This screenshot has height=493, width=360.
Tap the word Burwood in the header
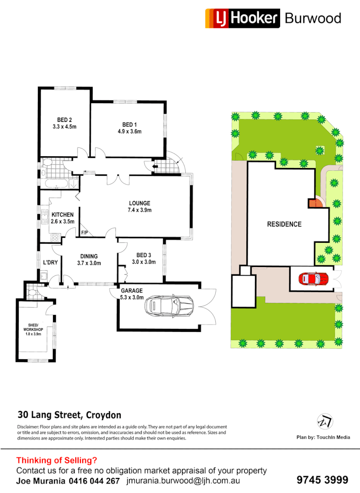[313, 18]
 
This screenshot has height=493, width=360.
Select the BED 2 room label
[64, 120]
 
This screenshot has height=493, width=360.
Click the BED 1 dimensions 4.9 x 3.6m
[129, 131]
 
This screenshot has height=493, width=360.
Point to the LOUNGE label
[140, 204]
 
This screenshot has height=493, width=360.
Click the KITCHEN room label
[63, 215]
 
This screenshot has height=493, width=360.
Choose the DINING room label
[89, 257]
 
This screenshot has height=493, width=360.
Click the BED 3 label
[143, 255]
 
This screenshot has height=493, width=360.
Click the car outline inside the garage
[168, 306]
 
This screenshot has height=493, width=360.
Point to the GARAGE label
[132, 290]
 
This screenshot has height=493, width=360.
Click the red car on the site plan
[313, 278]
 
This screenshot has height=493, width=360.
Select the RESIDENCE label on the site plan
[284, 224]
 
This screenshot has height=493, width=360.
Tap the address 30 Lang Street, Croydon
[69, 415]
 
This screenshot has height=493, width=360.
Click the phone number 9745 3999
[322, 480]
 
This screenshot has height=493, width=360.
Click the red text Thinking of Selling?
[57, 461]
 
